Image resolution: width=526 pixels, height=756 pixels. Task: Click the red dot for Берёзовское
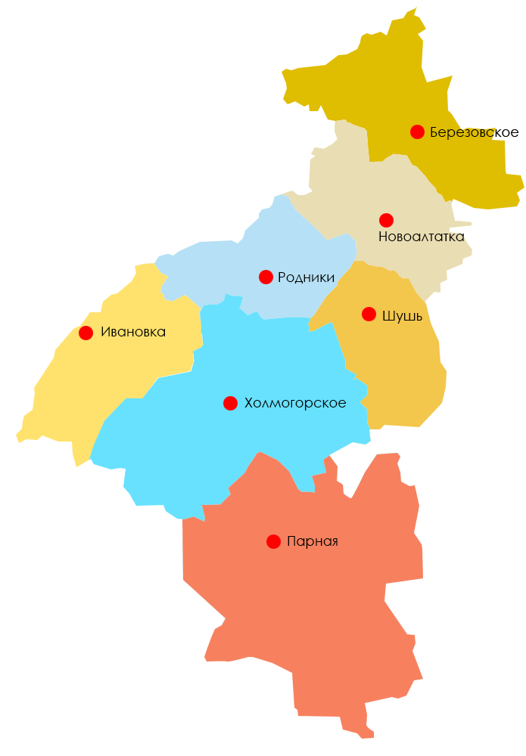tap(417, 132)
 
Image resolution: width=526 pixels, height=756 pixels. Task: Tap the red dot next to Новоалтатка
tap(386, 220)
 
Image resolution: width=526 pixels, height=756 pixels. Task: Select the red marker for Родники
tap(266, 277)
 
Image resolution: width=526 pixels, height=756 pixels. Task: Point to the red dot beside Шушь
tap(369, 314)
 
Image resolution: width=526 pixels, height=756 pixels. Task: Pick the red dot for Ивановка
tap(86, 333)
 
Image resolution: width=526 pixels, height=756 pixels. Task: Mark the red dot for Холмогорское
tap(230, 403)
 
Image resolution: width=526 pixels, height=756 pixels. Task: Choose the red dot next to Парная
tap(273, 541)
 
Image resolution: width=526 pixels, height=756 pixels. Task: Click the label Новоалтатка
tap(421, 237)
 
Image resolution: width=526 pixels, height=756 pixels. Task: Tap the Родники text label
tap(306, 277)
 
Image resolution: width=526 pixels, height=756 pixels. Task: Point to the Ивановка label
tap(133, 333)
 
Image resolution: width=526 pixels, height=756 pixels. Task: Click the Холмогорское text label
tap(295, 403)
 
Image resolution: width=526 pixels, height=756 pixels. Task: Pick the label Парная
tap(313, 541)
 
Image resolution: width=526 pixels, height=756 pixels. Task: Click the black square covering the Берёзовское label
tap(501, 134)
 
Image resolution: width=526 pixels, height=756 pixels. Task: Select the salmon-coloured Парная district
tap(303, 643)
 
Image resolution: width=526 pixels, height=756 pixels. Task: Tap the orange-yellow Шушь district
tap(394, 363)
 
